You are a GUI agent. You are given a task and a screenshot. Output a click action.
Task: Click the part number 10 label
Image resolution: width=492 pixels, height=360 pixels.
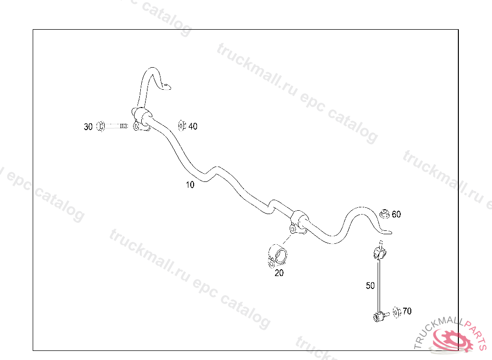(x=190, y=185)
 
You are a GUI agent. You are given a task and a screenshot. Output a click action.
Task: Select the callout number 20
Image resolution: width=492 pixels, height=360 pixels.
(x=279, y=273)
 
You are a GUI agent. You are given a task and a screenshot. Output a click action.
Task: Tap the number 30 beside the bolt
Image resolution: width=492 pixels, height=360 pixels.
(x=88, y=127)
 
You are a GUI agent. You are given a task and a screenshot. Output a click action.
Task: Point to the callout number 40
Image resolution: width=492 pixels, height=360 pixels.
(x=193, y=126)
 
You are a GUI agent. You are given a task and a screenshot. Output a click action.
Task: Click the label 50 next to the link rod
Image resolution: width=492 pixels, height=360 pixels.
(x=370, y=286)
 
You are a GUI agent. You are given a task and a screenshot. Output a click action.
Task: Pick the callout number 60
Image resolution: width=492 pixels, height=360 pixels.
(x=396, y=214)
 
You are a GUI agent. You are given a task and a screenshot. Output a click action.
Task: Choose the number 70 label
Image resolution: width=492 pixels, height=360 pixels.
(x=406, y=311)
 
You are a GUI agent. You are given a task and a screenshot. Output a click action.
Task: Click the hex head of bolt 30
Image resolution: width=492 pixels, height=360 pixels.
(x=100, y=126)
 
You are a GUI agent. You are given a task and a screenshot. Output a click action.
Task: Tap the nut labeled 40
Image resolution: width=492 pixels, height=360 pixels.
(x=182, y=126)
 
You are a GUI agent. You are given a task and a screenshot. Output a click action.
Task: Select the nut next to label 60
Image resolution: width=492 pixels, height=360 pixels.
(x=384, y=214)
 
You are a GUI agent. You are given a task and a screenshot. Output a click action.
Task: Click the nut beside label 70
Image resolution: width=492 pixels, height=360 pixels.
(x=396, y=312)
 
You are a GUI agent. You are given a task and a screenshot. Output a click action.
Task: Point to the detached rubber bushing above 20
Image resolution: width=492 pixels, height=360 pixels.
(x=277, y=255)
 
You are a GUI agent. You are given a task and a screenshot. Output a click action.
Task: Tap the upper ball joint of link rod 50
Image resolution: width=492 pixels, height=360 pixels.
(x=379, y=252)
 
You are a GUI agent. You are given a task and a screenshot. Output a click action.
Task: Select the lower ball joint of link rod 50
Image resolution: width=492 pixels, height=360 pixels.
(x=378, y=316)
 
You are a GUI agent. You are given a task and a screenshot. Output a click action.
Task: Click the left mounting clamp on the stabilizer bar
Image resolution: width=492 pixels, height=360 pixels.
(x=142, y=118)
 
